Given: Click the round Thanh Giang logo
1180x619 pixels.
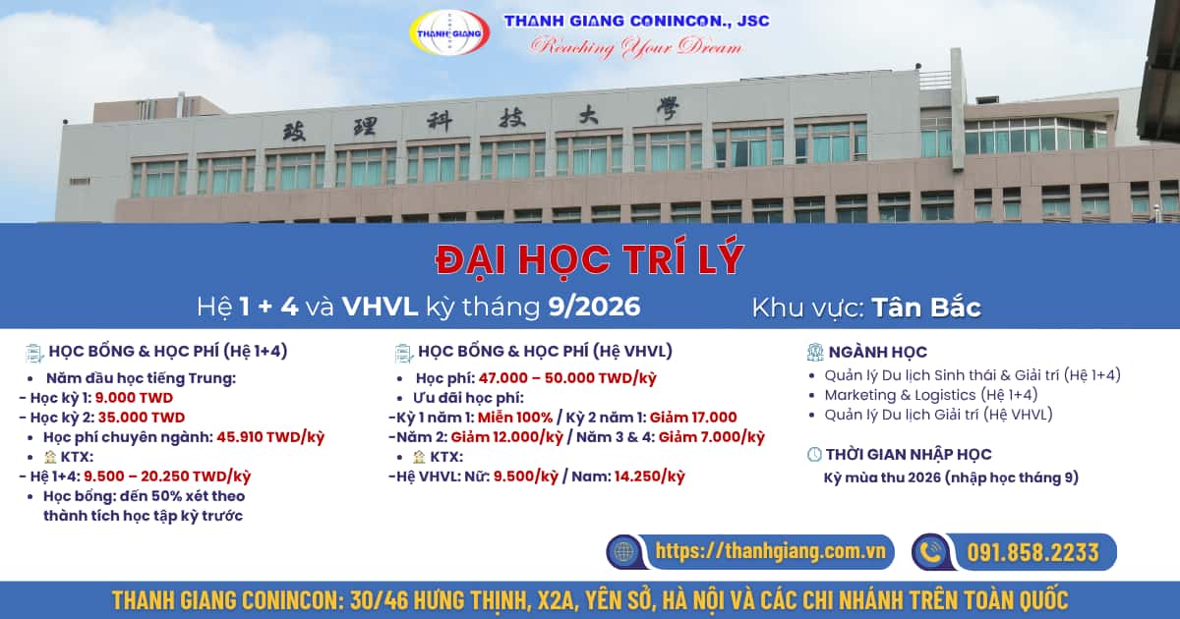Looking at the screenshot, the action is click(x=449, y=32).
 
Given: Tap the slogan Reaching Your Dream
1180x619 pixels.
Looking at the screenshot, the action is click(x=636, y=47).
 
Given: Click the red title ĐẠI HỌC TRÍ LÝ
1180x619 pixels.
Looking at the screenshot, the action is click(x=590, y=260).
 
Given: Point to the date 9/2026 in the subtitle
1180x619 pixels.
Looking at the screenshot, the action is click(x=594, y=307).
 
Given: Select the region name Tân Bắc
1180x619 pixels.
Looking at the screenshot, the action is click(x=926, y=308).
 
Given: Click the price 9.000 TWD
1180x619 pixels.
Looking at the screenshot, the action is click(x=134, y=398).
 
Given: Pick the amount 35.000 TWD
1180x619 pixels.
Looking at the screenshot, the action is click(x=142, y=418).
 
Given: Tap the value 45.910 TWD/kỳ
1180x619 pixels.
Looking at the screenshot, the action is click(x=270, y=437).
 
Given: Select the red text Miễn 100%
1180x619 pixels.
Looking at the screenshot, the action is click(x=515, y=418).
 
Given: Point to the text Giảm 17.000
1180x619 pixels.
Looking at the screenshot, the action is click(x=693, y=418).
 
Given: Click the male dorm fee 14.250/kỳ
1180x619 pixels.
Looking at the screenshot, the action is click(x=650, y=477).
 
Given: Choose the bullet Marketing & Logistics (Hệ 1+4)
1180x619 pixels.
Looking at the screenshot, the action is click(x=931, y=395).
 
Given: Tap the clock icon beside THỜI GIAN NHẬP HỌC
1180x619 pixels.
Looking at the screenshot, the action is click(x=814, y=454).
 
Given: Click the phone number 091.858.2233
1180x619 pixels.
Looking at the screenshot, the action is click(x=1033, y=552).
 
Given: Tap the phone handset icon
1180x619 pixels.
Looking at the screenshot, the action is click(x=931, y=551).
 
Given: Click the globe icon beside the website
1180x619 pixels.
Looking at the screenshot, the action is click(x=623, y=551).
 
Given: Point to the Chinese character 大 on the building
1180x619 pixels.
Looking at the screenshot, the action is click(x=588, y=115).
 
